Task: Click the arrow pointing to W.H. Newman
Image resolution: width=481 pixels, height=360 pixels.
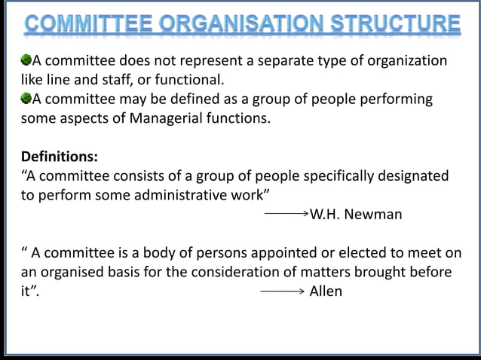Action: click(x=286, y=214)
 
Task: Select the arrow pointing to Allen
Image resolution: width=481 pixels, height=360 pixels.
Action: click(x=282, y=291)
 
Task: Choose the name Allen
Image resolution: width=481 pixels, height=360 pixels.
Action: click(x=326, y=291)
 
